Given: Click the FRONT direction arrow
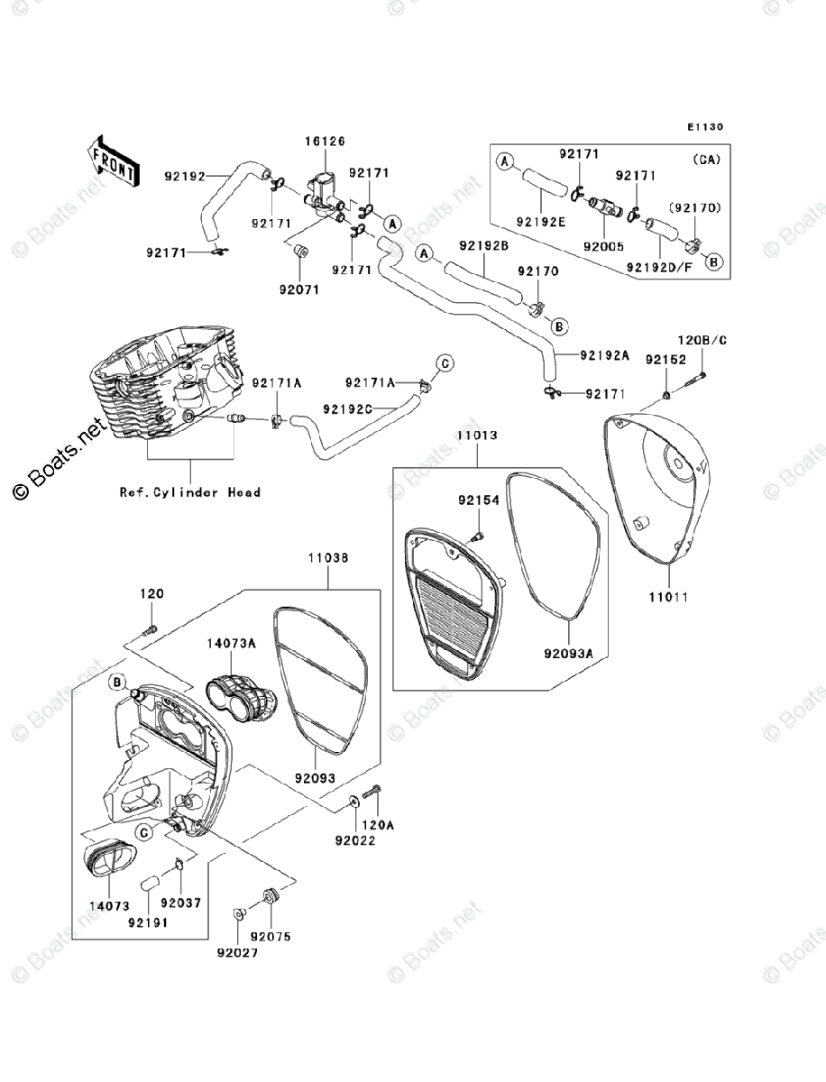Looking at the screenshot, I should (x=113, y=160).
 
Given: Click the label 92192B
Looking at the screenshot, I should (x=483, y=245).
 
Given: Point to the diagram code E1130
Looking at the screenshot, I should (x=704, y=127).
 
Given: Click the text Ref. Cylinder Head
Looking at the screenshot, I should (x=190, y=492).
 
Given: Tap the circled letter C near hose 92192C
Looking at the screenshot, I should (x=444, y=363).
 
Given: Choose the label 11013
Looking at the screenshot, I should (x=477, y=436).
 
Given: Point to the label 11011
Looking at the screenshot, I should (x=668, y=597).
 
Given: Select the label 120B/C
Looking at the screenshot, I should (x=702, y=341).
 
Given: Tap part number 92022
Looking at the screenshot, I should (x=353, y=840).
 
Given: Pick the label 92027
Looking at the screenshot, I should (x=235, y=951).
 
